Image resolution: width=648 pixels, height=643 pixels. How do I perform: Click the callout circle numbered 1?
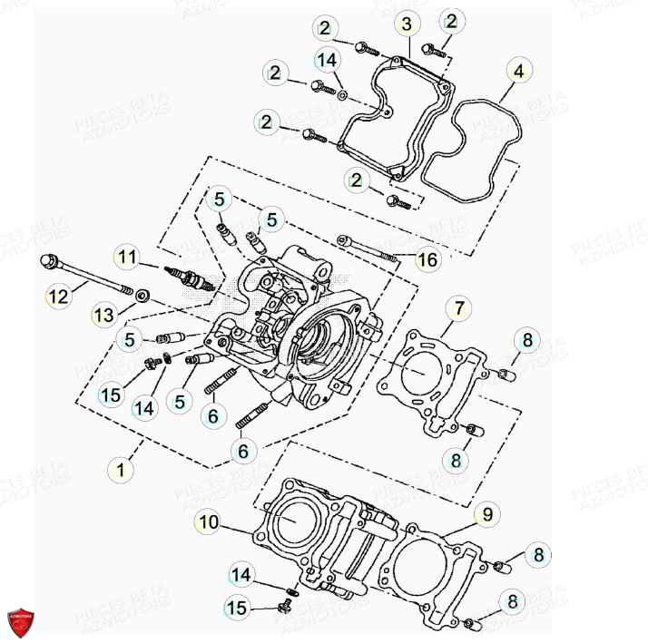click(119, 469)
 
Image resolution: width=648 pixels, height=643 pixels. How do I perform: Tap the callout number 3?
click(407, 23)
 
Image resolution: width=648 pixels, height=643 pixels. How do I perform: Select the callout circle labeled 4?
click(517, 71)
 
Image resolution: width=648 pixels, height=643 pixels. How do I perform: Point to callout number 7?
click(460, 309)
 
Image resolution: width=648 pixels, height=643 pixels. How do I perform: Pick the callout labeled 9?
click(487, 514)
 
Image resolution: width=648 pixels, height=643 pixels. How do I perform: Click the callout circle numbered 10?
click(208, 521)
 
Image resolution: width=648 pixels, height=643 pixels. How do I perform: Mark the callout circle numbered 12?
click(57, 295)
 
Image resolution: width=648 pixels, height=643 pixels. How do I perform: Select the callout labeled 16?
click(427, 261)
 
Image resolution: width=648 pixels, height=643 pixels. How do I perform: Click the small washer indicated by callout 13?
click(142, 296)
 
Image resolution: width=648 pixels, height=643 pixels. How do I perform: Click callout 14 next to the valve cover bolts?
click(327, 60)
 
